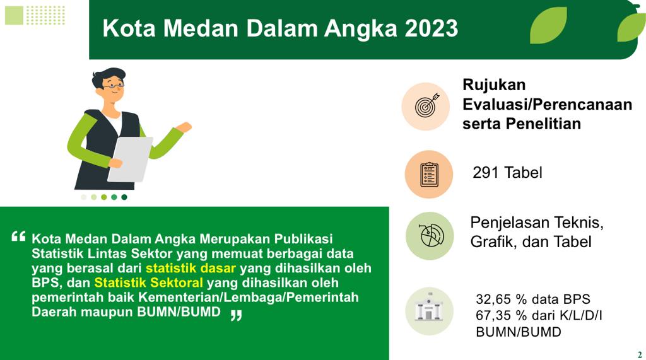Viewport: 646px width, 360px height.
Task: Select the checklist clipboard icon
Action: tap(429, 175)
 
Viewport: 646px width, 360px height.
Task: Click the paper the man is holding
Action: tap(131, 158)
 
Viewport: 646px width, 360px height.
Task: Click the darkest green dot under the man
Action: tap(124, 197)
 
